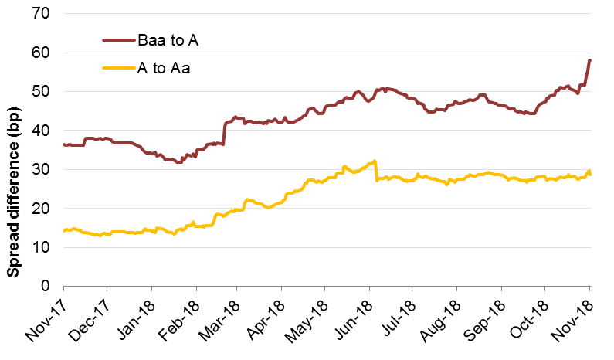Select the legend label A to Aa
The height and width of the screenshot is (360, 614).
[x=164, y=68]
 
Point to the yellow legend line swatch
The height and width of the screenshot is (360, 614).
[x=118, y=68]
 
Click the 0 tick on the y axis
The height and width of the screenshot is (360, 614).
[x=45, y=286]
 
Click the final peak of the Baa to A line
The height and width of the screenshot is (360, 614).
[x=590, y=59]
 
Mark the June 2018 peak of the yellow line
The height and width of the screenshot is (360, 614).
[x=374, y=161]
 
